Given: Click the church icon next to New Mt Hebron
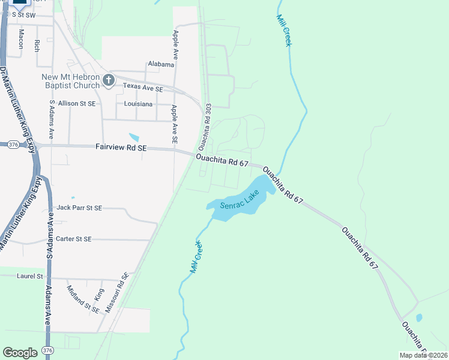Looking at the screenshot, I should pos(109,80).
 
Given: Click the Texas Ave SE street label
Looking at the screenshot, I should pos(143,88).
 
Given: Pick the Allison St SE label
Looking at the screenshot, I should pos(76,104).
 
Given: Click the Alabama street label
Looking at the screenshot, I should pos(161,65).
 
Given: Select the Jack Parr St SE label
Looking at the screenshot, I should pos(79,208).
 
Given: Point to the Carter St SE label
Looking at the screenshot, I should pos(73,239).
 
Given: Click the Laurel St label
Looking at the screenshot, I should pos(31,277).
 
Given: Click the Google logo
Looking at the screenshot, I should pos(20,353).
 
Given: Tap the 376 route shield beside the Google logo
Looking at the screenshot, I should pos(48,350).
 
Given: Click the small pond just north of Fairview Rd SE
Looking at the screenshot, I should pos(134,137).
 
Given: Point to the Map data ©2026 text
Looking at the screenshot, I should pos(423,355).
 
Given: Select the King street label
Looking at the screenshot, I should pos(99,295).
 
